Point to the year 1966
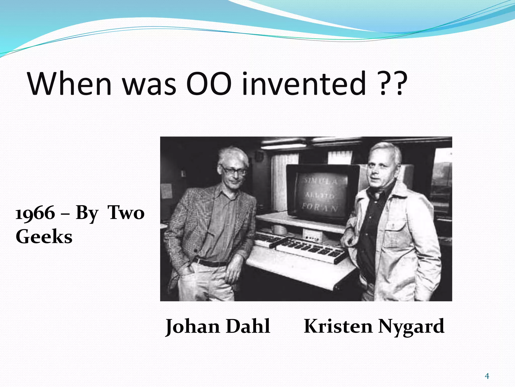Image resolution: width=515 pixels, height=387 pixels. point(35,213)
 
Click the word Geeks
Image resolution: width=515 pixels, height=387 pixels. point(44,237)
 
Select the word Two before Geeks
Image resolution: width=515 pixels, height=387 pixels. point(126,213)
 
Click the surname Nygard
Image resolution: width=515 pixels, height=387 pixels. point(411,326)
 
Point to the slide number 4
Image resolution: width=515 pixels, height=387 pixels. point(487,376)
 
